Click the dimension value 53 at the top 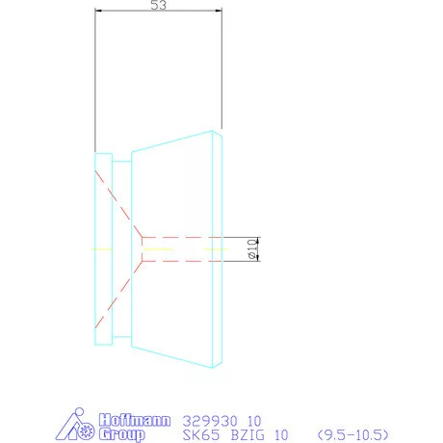[x=160, y=6]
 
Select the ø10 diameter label [x=251, y=248]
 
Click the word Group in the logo [x=122, y=434]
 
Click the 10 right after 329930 [x=254, y=420]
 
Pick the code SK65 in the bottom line [x=199, y=435]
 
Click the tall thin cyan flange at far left [x=102, y=248]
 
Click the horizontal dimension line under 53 [x=159, y=13]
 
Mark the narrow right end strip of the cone [x=219, y=248]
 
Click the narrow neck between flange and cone [x=121, y=248]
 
